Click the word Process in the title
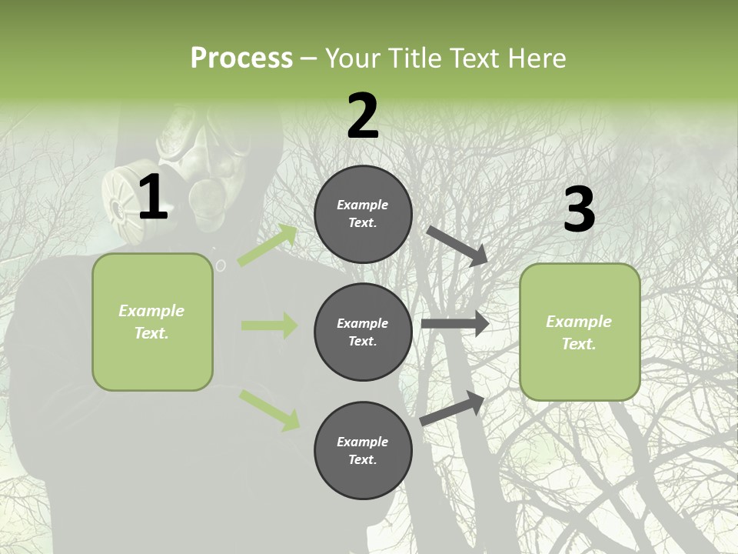[241, 58]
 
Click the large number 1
[153, 198]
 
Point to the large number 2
[363, 115]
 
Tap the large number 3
[579, 210]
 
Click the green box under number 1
[152, 322]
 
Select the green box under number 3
[580, 332]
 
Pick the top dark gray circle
[363, 214]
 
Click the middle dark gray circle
[363, 332]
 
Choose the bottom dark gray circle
[363, 450]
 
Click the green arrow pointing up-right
[268, 245]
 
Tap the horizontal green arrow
[269, 325]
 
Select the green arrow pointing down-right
[269, 410]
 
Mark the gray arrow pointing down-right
[457, 245]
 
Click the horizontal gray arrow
[455, 324]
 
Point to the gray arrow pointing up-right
[452, 408]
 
